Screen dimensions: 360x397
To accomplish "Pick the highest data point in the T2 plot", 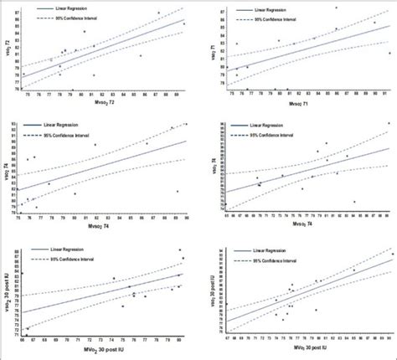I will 157,13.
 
